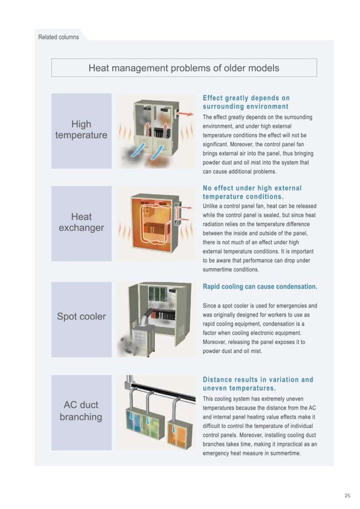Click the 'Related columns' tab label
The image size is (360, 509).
tap(59, 37)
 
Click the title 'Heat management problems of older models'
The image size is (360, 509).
tap(184, 68)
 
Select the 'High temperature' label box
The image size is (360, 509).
tap(81, 130)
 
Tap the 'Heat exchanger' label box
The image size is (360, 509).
tap(81, 222)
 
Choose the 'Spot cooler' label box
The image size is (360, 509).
tap(81, 317)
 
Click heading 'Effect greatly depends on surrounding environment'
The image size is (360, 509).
tap(246, 102)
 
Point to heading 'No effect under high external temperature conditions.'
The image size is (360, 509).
tap(252, 192)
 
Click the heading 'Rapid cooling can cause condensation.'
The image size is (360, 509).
tap(260, 287)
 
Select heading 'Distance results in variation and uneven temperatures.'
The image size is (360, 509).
tap(258, 384)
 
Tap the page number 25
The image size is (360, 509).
tap(347, 495)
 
